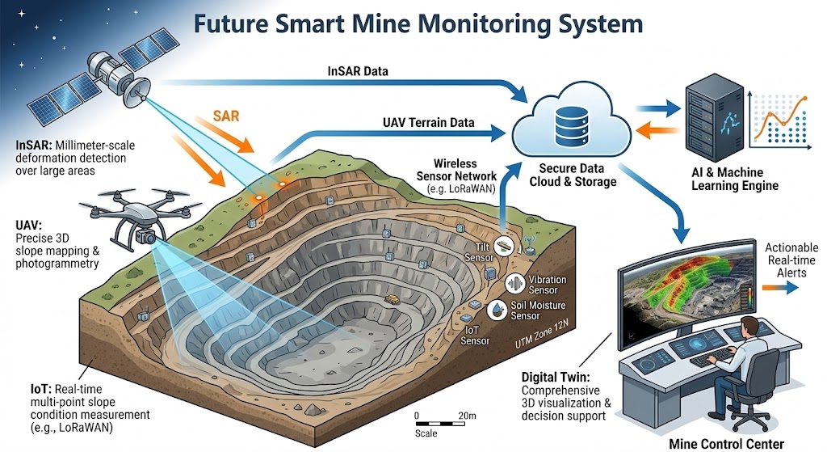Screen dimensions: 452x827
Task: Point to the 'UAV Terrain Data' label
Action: pyautogui.click(x=428, y=122)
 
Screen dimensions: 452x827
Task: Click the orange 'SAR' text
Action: pyautogui.click(x=225, y=116)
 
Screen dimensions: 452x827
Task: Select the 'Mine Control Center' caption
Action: pyautogui.click(x=726, y=443)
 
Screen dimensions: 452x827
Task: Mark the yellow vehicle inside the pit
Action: pyautogui.click(x=392, y=298)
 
